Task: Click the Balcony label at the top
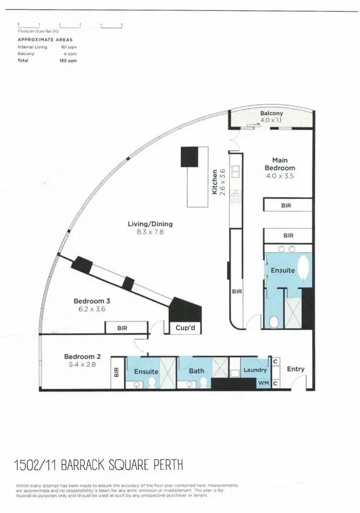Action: [272, 114]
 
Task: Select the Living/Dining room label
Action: [150, 224]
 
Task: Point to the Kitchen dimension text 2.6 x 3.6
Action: [222, 181]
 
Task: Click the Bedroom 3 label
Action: [92, 301]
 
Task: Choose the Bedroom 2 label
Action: [82, 357]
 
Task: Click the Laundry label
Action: [255, 370]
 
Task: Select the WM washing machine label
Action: [263, 383]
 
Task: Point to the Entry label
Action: [295, 369]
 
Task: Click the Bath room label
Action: [196, 371]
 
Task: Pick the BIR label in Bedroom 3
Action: [122, 329]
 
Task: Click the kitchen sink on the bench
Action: [236, 170]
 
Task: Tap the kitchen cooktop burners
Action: [236, 194]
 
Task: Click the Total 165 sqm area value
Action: [71, 61]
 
